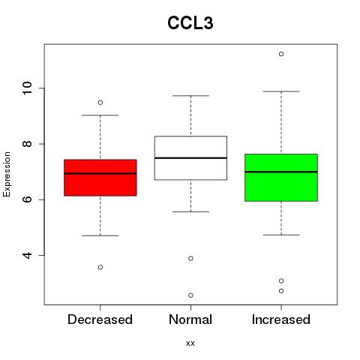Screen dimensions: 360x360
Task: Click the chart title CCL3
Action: tap(190, 23)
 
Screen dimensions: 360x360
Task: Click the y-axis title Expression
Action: tap(7, 174)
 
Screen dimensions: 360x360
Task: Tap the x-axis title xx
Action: tap(190, 343)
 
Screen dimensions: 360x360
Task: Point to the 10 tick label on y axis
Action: tap(27, 88)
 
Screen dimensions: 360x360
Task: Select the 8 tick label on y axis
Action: tap(27, 144)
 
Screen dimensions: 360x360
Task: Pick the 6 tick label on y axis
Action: tap(27, 199)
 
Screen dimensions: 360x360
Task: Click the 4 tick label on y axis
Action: tap(27, 255)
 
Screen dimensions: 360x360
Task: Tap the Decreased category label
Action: tap(100, 319)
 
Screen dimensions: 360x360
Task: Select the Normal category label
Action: tap(190, 319)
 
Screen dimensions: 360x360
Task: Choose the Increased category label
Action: tap(281, 319)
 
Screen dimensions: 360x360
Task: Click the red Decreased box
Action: tap(100, 178)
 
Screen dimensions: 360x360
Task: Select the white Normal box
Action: tap(190, 158)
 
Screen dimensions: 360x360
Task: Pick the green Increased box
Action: tap(281, 178)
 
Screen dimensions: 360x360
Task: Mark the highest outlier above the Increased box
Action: tap(281, 54)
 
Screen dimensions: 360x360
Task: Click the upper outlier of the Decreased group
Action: tap(100, 103)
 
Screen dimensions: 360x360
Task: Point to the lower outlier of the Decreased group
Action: tap(100, 267)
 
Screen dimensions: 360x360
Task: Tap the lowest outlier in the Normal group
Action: tap(190, 295)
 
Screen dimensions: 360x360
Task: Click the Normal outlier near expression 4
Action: tap(190, 259)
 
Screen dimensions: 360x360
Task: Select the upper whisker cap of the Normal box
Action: tap(190, 95)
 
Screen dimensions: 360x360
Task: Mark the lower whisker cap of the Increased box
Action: tap(281, 235)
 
